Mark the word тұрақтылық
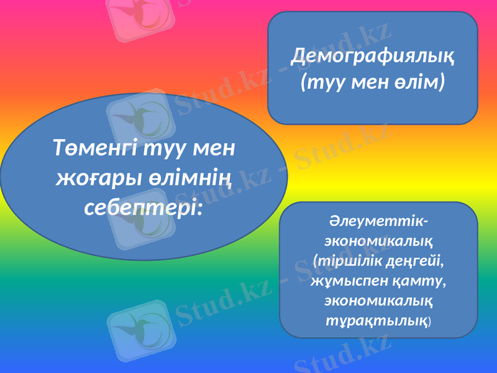click(376, 321)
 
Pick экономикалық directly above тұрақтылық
click(379, 302)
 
